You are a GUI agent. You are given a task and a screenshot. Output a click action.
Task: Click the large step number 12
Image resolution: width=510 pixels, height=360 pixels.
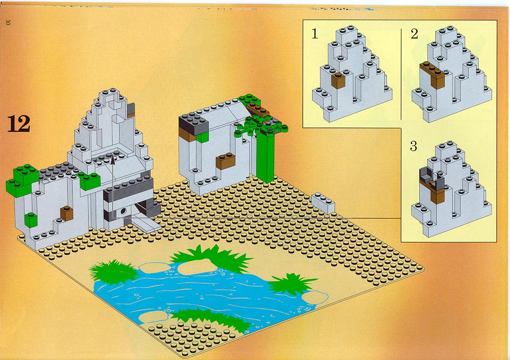[x=19, y=124]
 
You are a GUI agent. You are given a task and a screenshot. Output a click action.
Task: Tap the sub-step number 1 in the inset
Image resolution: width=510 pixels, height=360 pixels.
[x=315, y=34]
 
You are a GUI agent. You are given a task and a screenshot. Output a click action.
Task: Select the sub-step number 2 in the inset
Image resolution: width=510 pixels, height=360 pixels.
[x=414, y=34]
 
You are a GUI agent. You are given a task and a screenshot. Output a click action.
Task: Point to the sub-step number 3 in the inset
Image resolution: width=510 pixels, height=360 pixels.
[x=413, y=146]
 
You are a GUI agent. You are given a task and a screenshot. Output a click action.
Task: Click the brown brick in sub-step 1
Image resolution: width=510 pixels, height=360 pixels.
[x=339, y=81]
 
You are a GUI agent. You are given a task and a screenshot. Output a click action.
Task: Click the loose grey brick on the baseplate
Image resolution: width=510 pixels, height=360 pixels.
[x=323, y=203]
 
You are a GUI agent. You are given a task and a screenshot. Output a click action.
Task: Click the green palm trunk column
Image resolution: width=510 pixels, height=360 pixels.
[x=266, y=156]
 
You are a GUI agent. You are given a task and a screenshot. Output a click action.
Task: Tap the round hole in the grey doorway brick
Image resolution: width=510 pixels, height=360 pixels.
[x=124, y=211]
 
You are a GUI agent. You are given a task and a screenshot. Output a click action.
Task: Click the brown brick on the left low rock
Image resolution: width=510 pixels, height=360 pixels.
[x=67, y=213]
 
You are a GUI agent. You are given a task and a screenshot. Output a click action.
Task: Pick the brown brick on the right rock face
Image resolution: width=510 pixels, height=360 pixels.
[x=225, y=161]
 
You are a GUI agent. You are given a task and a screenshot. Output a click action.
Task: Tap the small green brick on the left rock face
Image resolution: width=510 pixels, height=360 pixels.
[x=30, y=219]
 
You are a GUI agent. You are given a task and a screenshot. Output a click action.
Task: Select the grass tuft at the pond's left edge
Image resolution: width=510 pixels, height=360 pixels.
[x=113, y=271]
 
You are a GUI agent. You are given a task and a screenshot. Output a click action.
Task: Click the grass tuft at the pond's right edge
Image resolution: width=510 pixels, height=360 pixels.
[x=291, y=284]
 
